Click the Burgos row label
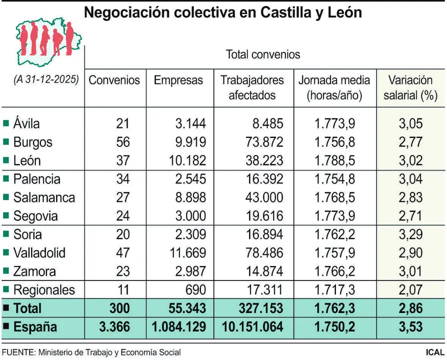pyautogui.click(x=32, y=142)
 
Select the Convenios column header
pyautogui.click(x=114, y=80)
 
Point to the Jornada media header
pyautogui.click(x=334, y=87)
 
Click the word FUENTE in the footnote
pyautogui.click(x=18, y=352)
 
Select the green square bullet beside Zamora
pyautogui.click(x=6, y=271)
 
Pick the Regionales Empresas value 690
pyautogui.click(x=195, y=290)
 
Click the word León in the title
pyautogui.click(x=343, y=12)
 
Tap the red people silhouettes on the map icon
pyautogui.click(x=46, y=39)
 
